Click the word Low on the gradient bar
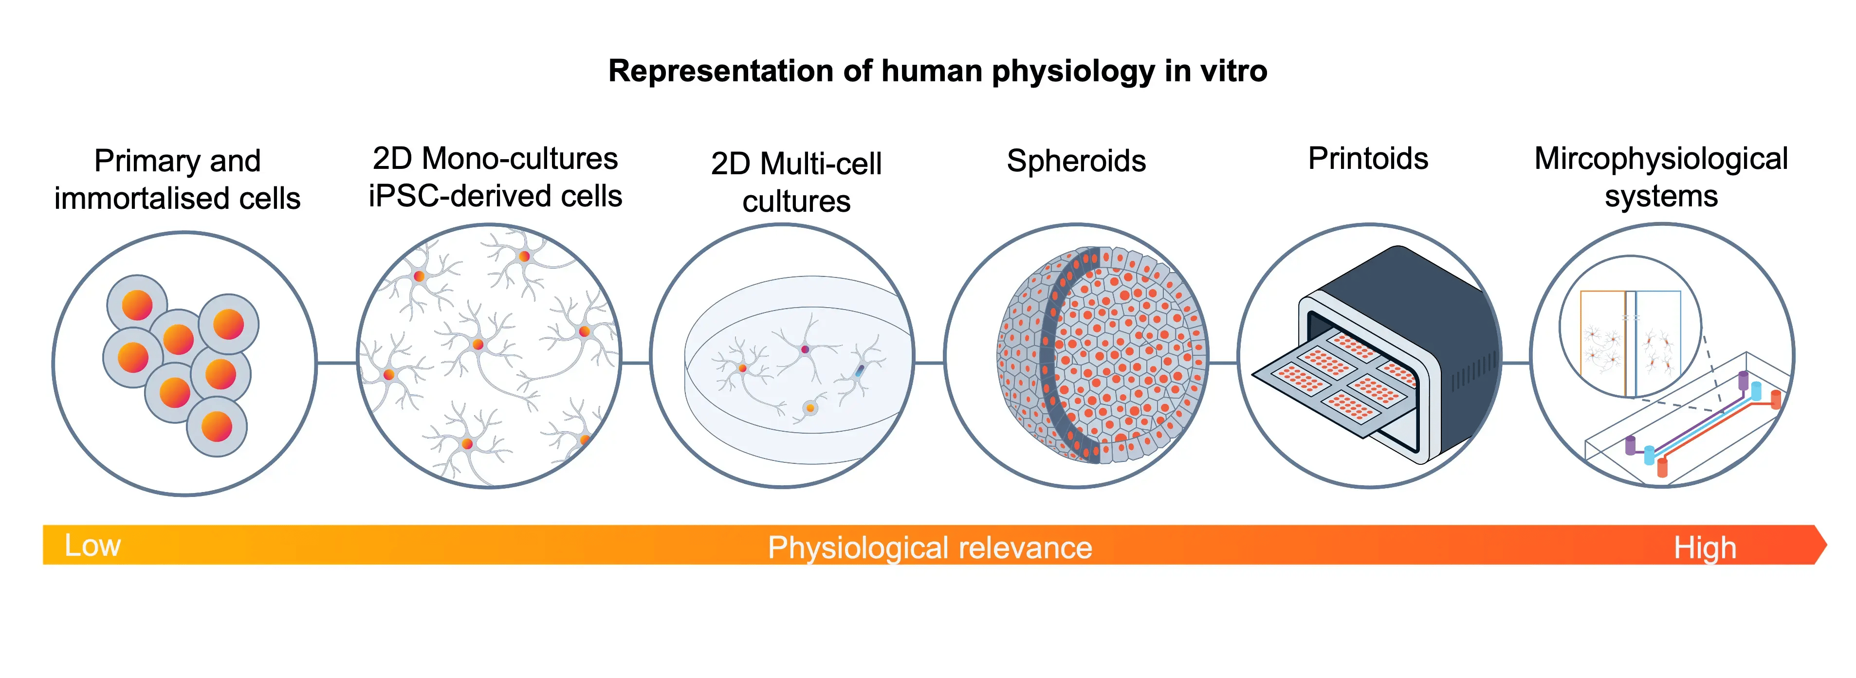pos(92,546)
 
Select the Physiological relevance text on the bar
pos(929,548)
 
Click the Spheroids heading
pos(1076,161)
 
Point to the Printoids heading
pos(1367,159)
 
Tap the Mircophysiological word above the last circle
pos(1661,159)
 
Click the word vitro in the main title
pos(1233,71)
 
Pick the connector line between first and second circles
pos(336,363)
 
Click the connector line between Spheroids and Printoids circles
pos(1223,363)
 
